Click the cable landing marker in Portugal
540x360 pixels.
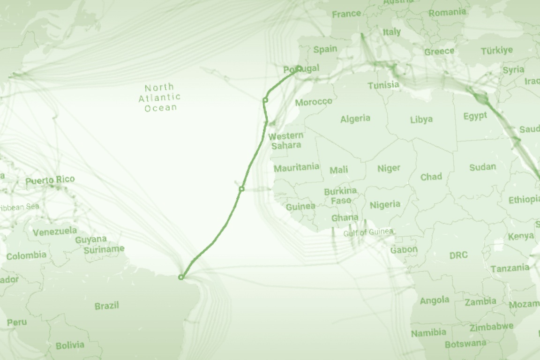pos(299,68)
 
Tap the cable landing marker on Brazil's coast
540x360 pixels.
pos(181,277)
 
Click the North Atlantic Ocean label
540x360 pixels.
pos(159,97)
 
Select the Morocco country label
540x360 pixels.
pos(314,102)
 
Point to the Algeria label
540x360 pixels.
pos(355,119)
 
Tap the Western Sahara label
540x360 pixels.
pos(286,140)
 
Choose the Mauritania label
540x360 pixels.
pos(296,167)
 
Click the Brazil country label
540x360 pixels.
pos(107,306)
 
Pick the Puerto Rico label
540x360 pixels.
pos(50,180)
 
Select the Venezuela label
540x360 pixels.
pos(55,231)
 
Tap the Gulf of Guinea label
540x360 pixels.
pos(368,232)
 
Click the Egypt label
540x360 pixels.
pos(475,116)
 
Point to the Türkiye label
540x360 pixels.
pos(497,50)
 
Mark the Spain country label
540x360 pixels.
pos(325,49)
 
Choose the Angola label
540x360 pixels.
pos(435,300)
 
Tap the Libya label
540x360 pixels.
pos(421,120)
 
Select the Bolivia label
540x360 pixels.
pos(70,345)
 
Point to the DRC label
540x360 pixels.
pos(458,255)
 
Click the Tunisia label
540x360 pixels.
pos(383,85)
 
